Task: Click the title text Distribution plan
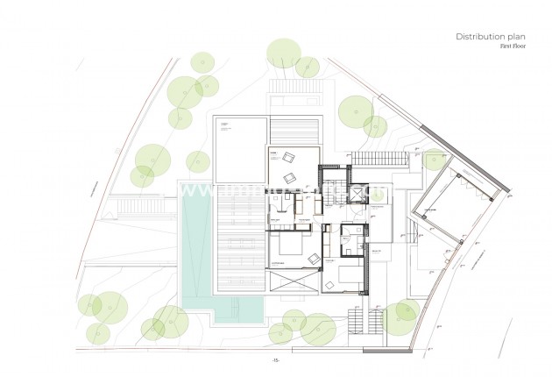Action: point(490,36)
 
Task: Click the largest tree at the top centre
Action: point(284,54)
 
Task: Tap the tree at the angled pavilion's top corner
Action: point(434,158)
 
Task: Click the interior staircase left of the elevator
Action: point(335,201)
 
